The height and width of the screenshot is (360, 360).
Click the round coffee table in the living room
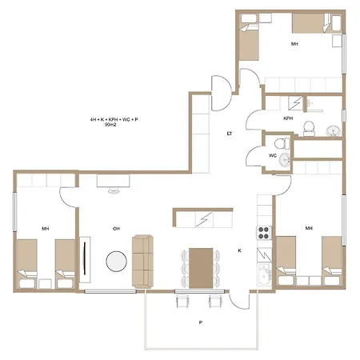116,262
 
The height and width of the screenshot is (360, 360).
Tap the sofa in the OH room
142,262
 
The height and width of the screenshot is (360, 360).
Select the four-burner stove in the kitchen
264,233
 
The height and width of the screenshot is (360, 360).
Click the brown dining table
201,268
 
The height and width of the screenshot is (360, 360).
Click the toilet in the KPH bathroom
309,129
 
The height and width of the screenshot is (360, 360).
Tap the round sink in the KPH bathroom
334,131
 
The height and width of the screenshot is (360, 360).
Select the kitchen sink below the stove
264,274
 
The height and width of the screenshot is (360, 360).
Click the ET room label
230,134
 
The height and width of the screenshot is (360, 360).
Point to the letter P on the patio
201,322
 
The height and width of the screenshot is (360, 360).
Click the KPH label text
288,118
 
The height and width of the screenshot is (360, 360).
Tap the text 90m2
110,125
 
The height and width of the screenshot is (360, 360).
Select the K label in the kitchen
239,250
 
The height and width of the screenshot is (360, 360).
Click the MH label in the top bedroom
294,44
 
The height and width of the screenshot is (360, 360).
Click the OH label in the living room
116,229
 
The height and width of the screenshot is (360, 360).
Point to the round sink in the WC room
285,160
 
